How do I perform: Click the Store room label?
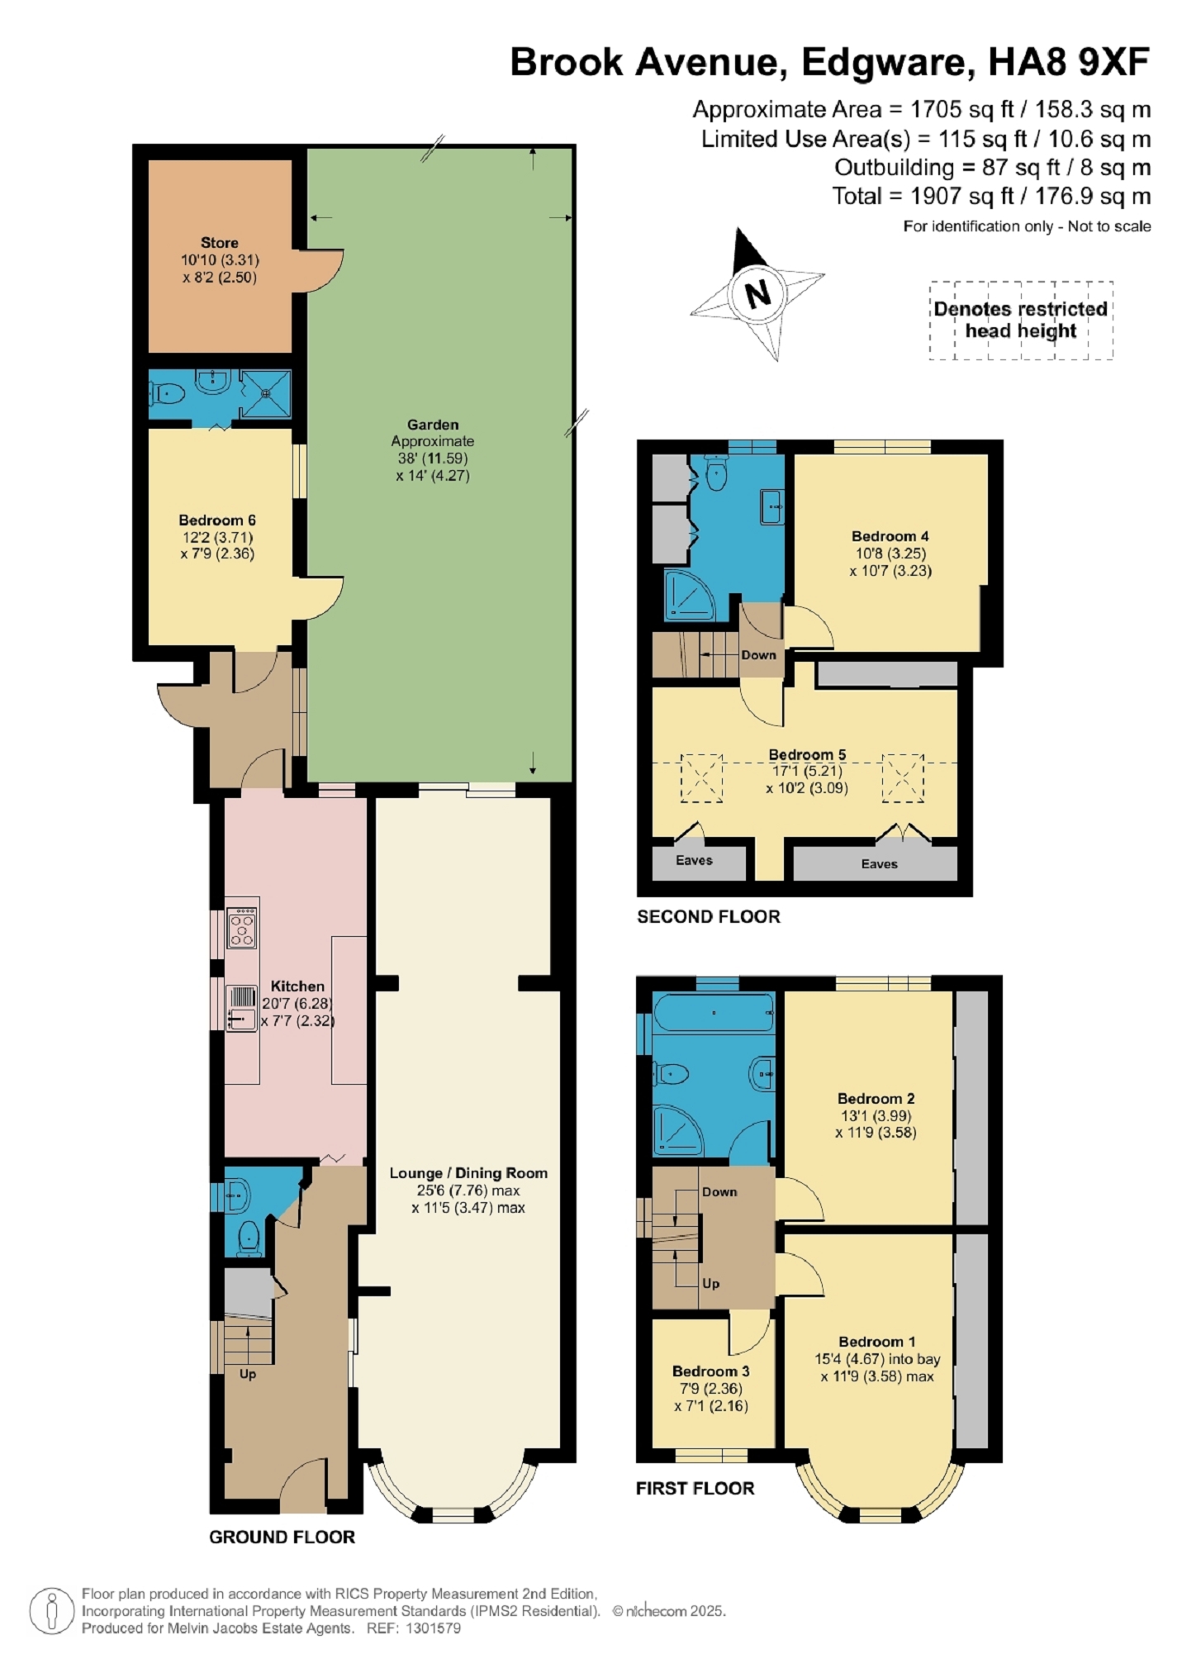point(219,243)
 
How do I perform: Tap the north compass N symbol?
point(757,292)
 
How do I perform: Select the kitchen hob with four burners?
point(242,927)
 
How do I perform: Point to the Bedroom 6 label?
point(217,520)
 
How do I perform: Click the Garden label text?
point(433,425)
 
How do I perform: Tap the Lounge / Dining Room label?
point(468,1173)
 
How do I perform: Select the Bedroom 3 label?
point(711,1371)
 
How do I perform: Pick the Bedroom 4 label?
point(890,536)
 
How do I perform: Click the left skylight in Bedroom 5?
point(701,777)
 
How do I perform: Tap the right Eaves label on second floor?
point(879,864)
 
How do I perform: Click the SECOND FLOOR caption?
point(709,916)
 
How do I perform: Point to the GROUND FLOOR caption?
point(282,1537)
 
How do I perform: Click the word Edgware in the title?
point(883,63)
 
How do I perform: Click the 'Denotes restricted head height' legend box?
point(1021,320)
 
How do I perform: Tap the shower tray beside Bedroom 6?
point(266,394)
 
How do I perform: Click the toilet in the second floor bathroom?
point(717,472)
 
